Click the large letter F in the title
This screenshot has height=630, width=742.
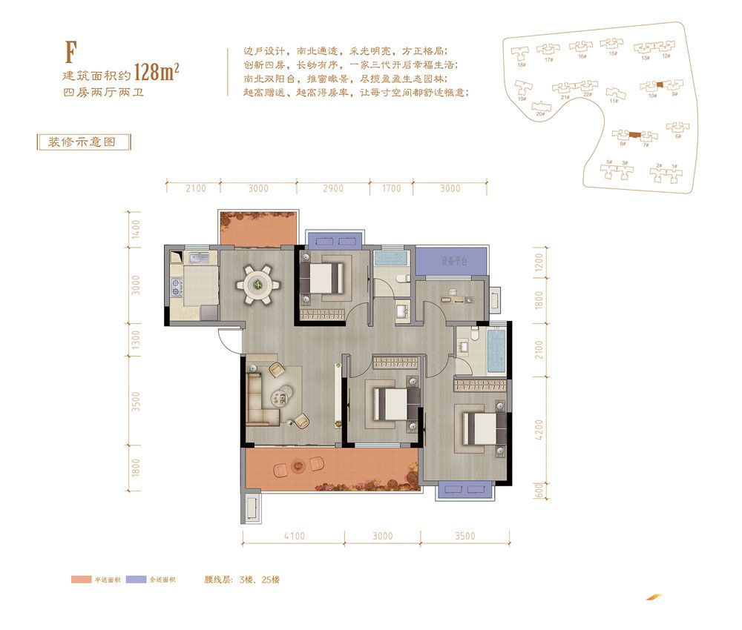(71, 52)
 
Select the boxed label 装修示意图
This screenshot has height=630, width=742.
(82, 142)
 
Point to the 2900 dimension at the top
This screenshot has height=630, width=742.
(333, 189)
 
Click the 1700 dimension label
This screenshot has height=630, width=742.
(391, 189)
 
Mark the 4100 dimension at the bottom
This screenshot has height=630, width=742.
(294, 537)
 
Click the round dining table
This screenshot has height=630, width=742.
(257, 282)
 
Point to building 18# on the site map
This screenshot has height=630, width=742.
(521, 56)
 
